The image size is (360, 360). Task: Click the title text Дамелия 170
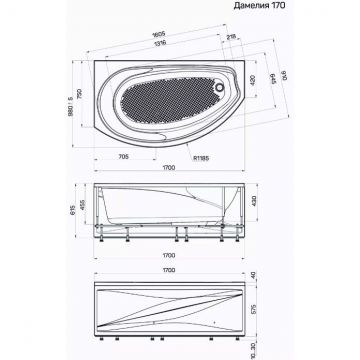click(x=318, y=10)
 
